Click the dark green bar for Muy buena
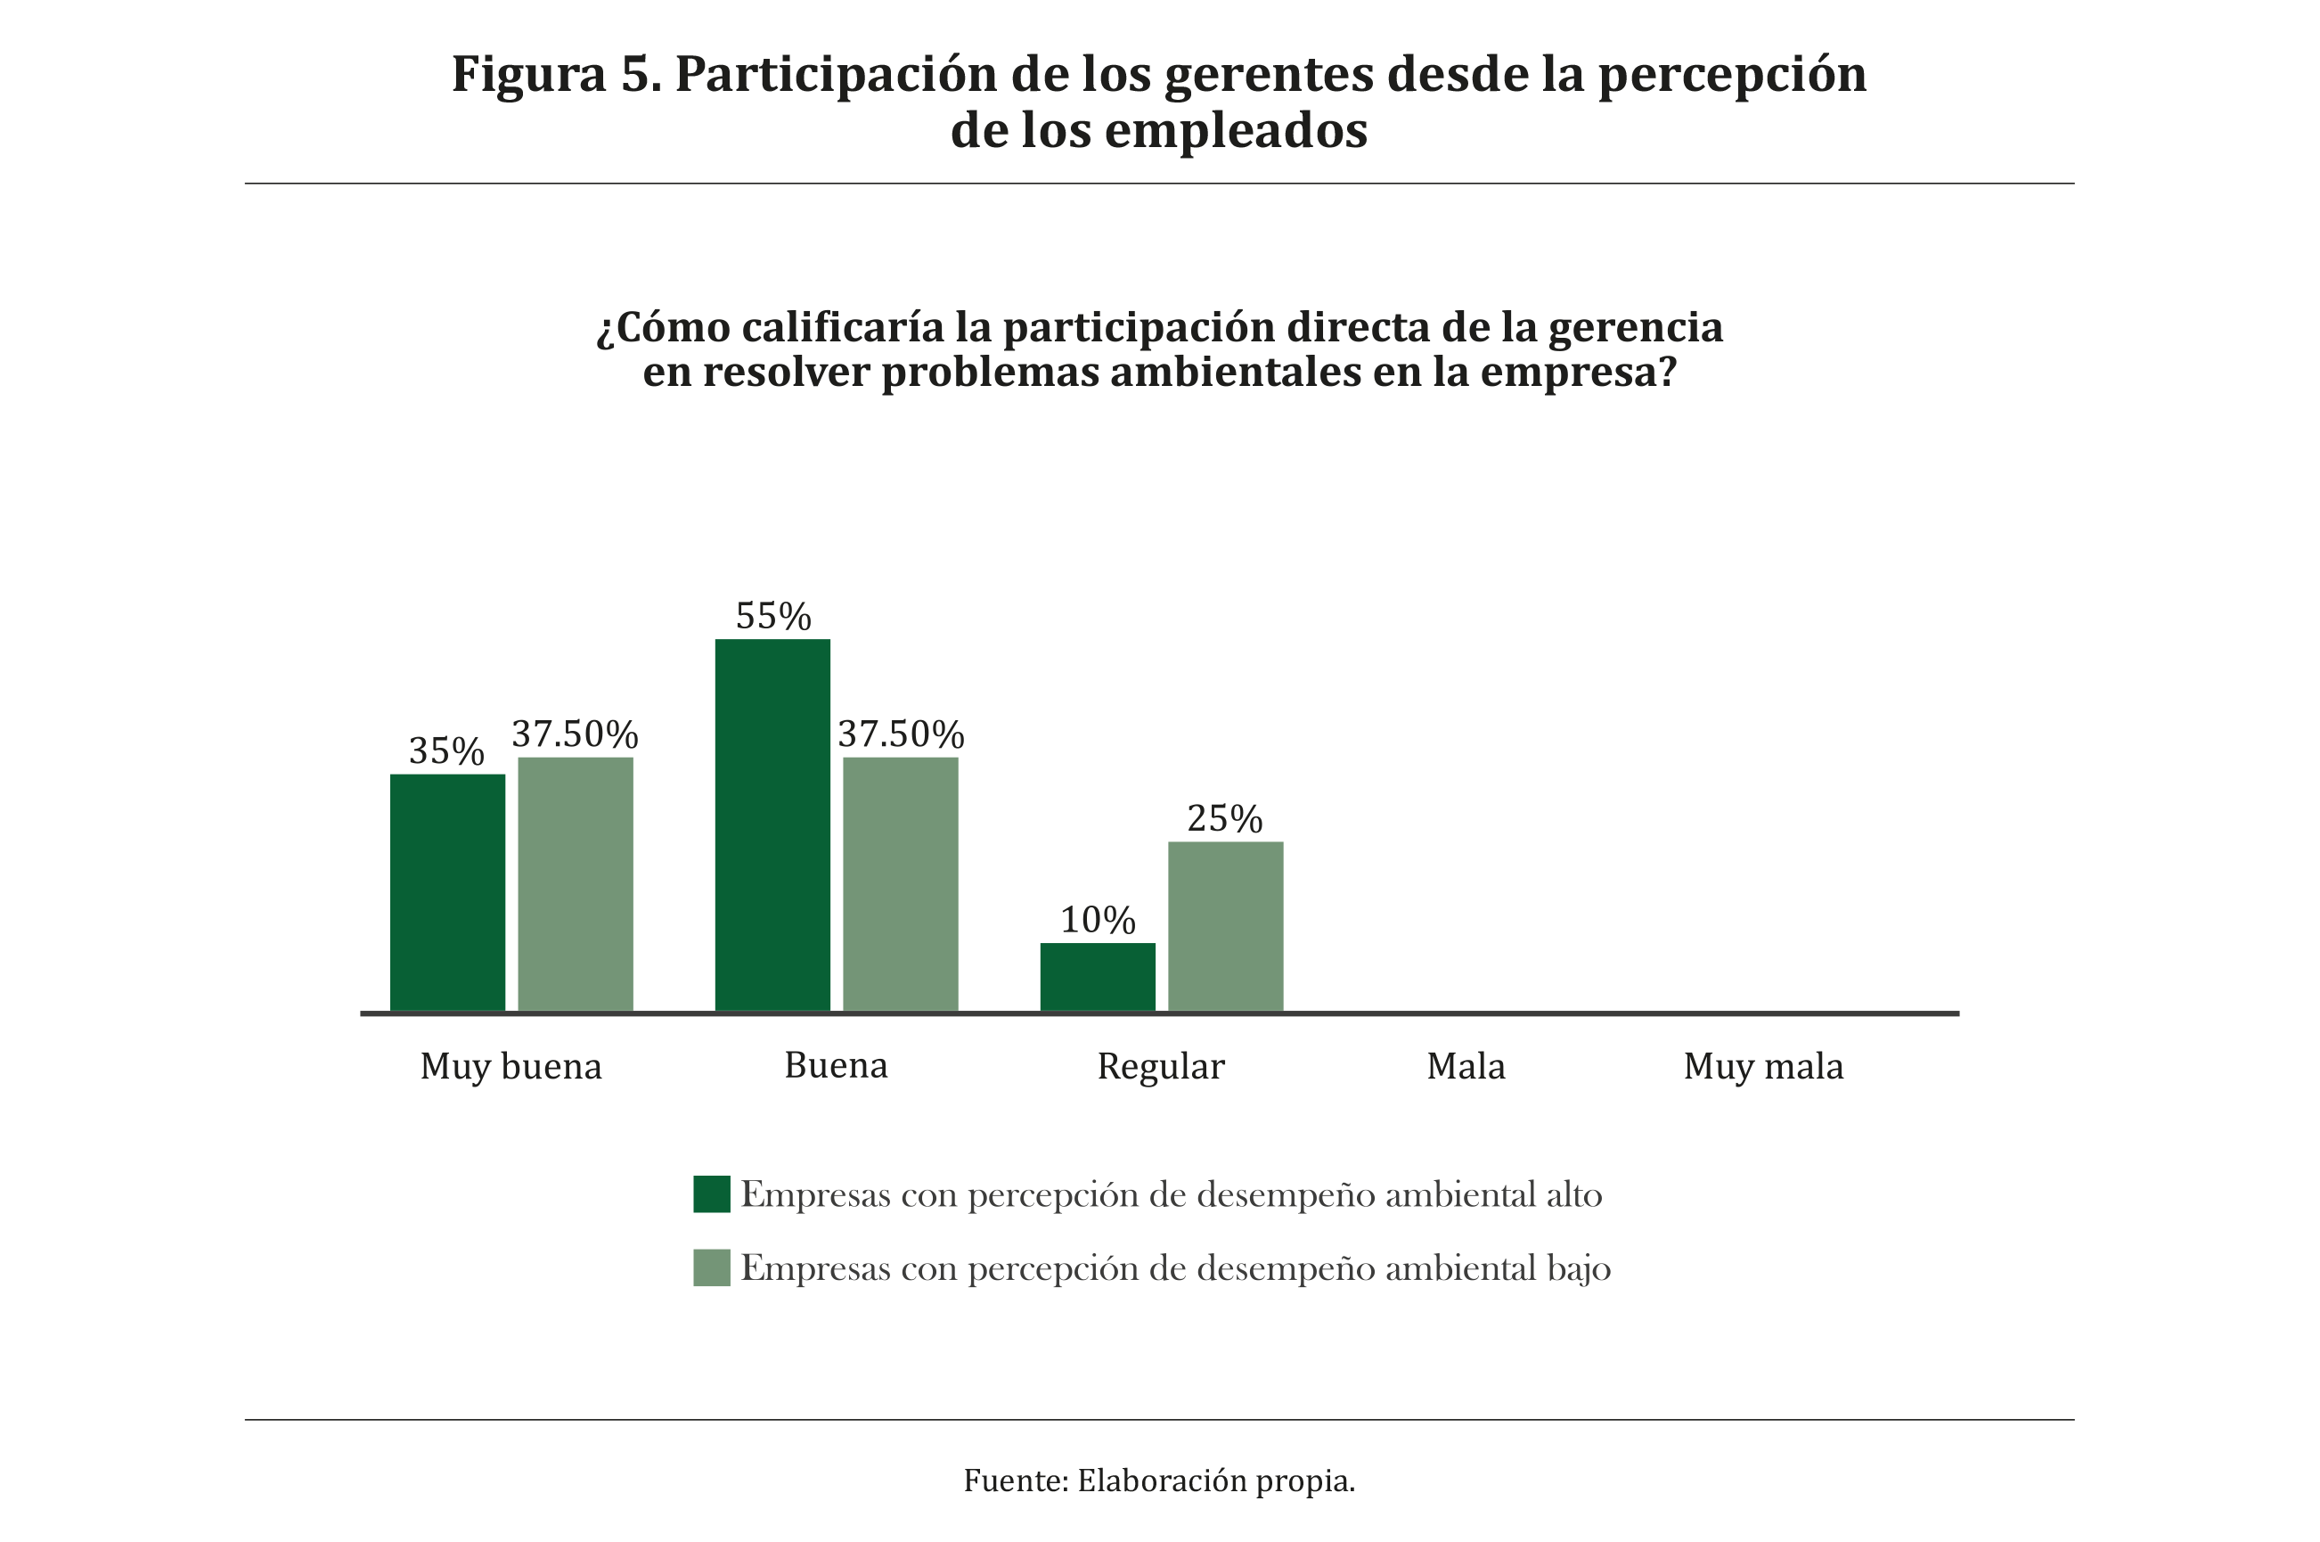tap(447, 892)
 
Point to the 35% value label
tap(446, 751)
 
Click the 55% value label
tap(772, 617)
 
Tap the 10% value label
tap(1097, 921)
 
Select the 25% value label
tap(1225, 818)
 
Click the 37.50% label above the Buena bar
tap(901, 734)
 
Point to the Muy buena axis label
tap(511, 1067)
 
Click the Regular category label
tap(1161, 1067)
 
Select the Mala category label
tap(1466, 1067)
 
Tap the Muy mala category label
tap(1763, 1067)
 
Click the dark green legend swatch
tap(712, 1193)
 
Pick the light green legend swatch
tap(712, 1267)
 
